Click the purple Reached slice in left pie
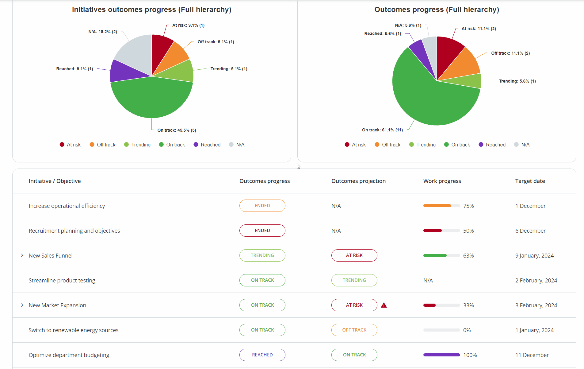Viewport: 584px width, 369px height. pos(123,72)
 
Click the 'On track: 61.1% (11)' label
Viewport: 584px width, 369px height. pos(382,130)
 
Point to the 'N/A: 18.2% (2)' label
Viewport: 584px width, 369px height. pos(103,32)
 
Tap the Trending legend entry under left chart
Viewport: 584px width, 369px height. pos(137,145)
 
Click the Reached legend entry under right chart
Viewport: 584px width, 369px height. pos(492,145)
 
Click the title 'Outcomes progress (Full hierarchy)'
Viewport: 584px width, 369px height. pos(437,10)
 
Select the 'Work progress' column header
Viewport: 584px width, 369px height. pos(442,181)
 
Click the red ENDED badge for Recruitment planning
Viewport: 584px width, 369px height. pos(262,231)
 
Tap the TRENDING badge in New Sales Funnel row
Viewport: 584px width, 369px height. pos(262,255)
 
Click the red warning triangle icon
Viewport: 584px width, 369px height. pos(384,305)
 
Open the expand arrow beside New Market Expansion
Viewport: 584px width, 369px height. pos(22,305)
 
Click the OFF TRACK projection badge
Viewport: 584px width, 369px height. pos(354,330)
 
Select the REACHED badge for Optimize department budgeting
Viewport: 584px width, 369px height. pos(262,355)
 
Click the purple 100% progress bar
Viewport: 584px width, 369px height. pos(441,355)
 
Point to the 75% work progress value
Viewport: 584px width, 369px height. pos(468,206)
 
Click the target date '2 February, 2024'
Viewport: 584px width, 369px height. pos(536,280)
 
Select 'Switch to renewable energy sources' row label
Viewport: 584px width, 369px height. pos(74,330)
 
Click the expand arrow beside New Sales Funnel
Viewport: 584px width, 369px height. pos(22,255)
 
